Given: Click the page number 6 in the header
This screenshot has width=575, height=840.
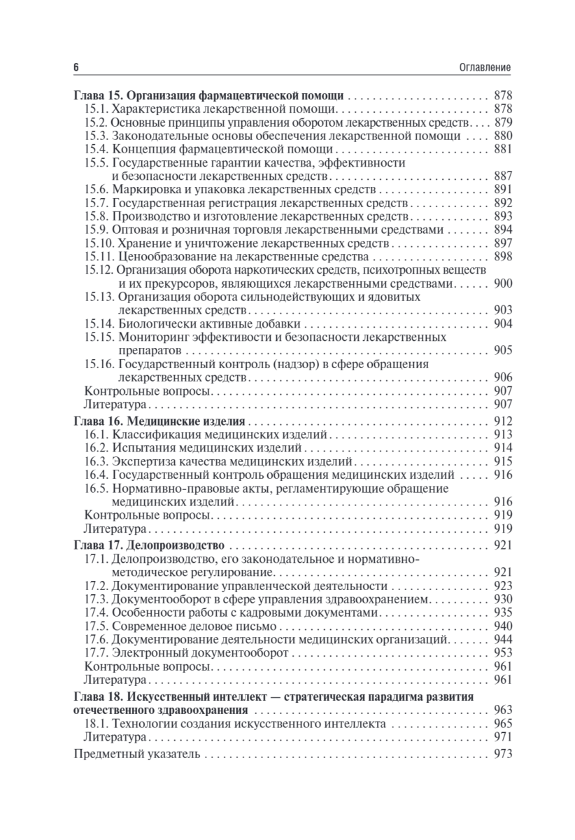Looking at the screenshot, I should click(x=76, y=67).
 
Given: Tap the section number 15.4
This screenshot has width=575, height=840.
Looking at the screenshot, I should click(x=97, y=149).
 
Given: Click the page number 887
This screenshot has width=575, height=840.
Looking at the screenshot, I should click(x=503, y=176).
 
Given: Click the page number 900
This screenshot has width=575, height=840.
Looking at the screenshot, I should click(x=503, y=283).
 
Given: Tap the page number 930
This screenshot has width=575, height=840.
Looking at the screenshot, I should click(x=503, y=598).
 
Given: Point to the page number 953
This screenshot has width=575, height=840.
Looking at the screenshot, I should click(x=503, y=652).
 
